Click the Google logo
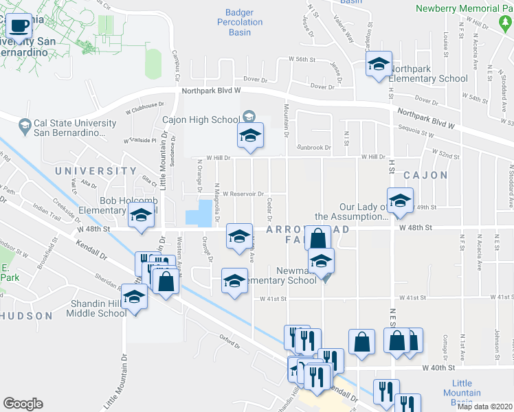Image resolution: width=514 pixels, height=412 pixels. click(23, 404)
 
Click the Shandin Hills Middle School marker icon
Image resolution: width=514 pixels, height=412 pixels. click(135, 297)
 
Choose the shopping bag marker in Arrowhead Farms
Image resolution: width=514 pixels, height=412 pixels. click(318, 239)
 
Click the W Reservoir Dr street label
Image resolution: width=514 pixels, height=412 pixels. click(243, 194)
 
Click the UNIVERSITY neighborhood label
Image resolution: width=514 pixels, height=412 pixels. click(96, 171)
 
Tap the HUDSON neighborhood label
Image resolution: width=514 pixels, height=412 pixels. click(26, 316)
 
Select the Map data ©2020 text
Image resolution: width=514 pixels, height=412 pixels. click(485, 407)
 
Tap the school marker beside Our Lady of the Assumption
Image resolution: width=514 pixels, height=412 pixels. click(399, 201)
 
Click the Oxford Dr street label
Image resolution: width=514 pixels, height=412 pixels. click(232, 337)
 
